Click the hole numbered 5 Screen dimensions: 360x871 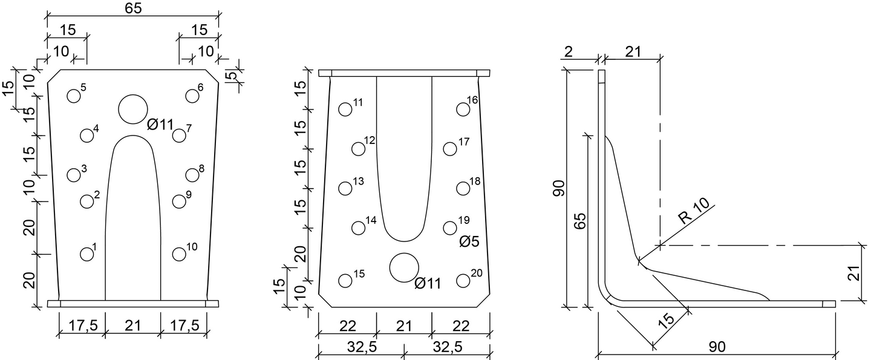point(74,96)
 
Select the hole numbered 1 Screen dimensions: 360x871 point(87,254)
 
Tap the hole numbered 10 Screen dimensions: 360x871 point(179,254)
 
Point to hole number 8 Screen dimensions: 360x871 point(192,175)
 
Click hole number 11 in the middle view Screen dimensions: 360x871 point(345,110)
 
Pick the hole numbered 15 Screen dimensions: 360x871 point(345,281)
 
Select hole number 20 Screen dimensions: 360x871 point(463,281)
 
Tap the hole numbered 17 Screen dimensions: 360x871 point(449,149)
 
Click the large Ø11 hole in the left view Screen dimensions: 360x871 point(133,110)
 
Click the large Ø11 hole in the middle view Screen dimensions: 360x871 point(404,267)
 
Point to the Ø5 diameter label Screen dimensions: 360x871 point(469,242)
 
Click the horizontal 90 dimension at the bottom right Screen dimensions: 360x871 point(717,347)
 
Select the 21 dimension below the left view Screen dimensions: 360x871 point(133,326)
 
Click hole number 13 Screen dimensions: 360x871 point(345,188)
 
